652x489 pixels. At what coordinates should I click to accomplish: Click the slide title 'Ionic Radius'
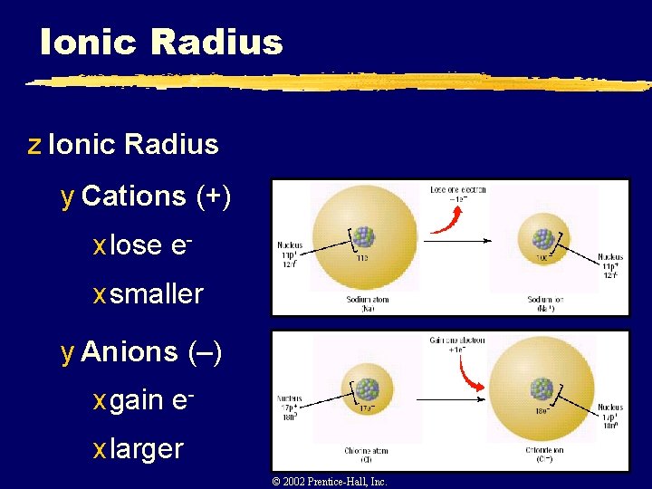coord(161,42)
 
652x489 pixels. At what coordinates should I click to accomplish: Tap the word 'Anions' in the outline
coord(129,351)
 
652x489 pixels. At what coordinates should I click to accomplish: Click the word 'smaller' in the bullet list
coord(157,293)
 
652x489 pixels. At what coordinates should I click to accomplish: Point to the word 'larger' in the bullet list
coord(146,448)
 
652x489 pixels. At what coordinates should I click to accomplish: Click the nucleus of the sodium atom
coord(363,237)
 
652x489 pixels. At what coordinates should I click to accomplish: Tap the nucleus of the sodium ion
coord(543,238)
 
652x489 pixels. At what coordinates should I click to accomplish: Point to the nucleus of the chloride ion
coord(542,389)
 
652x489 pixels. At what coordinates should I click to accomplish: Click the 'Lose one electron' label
coord(457,194)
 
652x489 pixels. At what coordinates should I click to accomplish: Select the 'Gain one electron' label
coord(457,345)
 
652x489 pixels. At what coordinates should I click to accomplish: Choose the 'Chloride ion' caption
coord(543,454)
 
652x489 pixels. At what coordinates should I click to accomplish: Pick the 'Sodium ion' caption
coord(543,303)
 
